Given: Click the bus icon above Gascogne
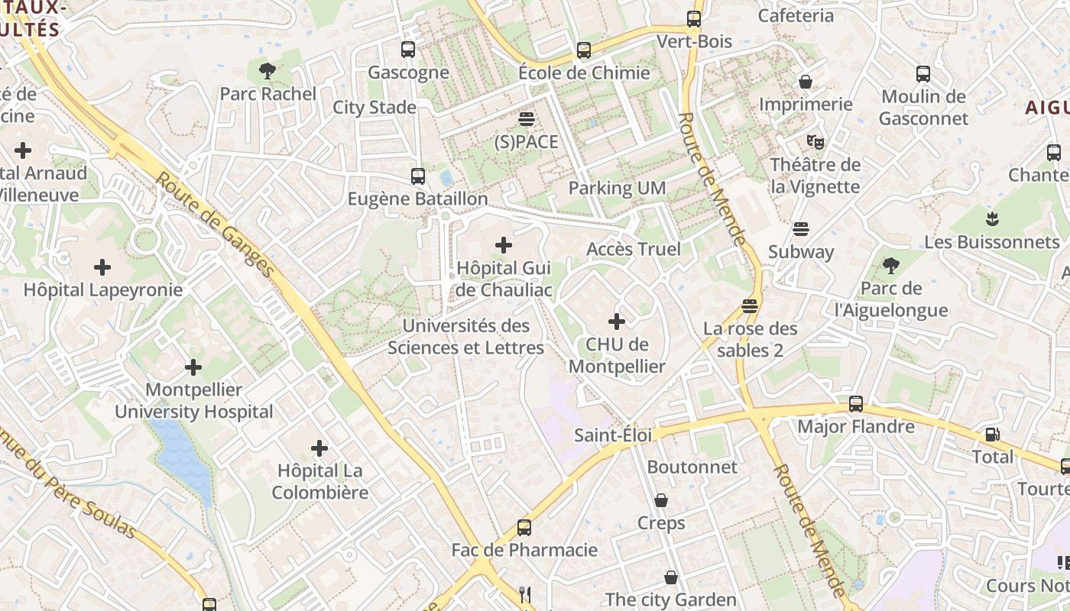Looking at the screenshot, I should tap(408, 50).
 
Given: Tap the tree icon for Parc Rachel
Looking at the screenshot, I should tap(267, 71).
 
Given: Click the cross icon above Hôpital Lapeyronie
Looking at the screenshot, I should tap(102, 267).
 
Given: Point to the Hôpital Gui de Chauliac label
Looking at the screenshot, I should tap(503, 279).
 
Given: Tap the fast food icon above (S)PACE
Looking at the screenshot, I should tap(526, 119).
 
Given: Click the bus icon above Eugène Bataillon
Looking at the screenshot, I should tap(417, 176).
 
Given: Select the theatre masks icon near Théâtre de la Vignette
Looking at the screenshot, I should tap(815, 141).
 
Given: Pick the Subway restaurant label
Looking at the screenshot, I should tap(801, 251).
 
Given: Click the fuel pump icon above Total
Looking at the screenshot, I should tap(992, 435).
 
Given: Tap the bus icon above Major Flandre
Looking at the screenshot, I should tap(856, 404).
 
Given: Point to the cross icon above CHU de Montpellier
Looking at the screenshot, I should tap(617, 322).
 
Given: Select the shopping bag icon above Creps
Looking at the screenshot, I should tap(661, 500).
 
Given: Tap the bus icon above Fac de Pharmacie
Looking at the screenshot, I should tap(524, 527).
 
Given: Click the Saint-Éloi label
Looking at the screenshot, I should tap(613, 435).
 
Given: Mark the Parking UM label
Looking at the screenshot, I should tap(617, 188).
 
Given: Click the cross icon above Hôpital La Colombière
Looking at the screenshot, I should tap(319, 448).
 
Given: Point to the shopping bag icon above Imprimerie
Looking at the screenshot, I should tap(805, 81).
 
